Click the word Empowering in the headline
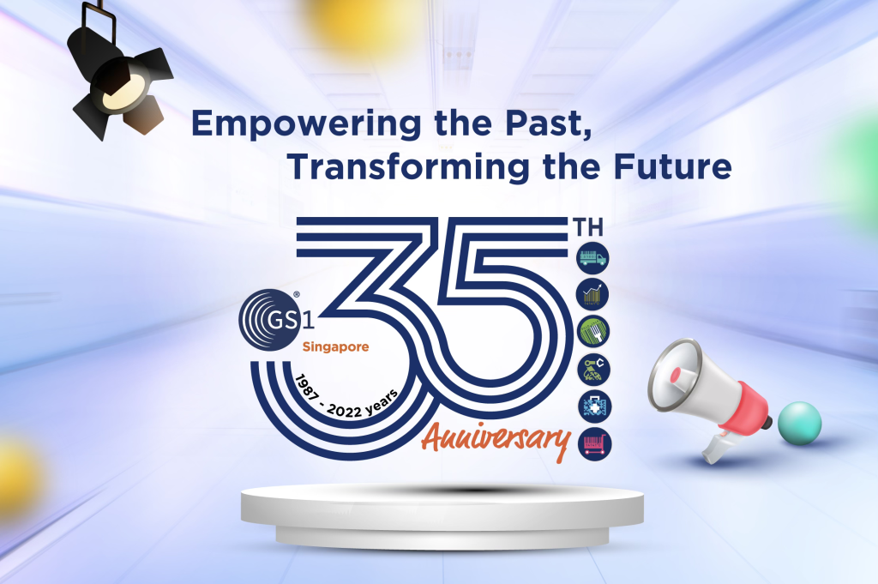(306, 123)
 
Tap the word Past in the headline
(548, 123)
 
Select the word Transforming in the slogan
(408, 167)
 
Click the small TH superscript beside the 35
(587, 228)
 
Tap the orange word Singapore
(335, 347)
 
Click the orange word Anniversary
(496, 440)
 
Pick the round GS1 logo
(271, 319)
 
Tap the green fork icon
(593, 331)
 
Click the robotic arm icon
(593, 369)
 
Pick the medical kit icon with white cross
(594, 406)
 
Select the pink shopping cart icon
(595, 444)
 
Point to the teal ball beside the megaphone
(800, 424)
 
